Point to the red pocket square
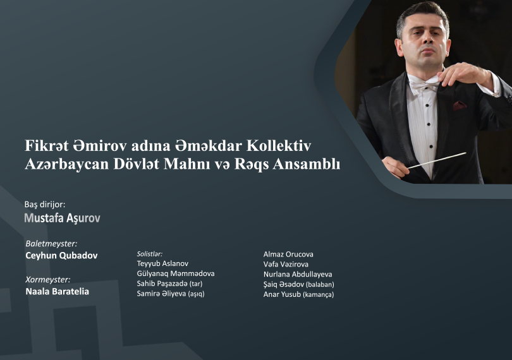[x=460, y=105]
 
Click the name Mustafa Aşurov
[x=62, y=218]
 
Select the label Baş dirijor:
[x=44, y=204]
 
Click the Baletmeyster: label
[x=51, y=243]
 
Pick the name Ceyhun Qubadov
[x=61, y=256]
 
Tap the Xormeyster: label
[x=47, y=279]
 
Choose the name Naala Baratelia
[x=57, y=292]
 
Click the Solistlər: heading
[x=150, y=253]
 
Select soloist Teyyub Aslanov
[x=162, y=263]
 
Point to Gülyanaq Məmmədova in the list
[x=176, y=273]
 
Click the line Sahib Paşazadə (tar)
[x=169, y=284]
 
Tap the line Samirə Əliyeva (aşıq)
[x=171, y=294]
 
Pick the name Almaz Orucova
[x=288, y=254]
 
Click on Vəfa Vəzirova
[x=286, y=264]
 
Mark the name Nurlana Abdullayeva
[x=298, y=274]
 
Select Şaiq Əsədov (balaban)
[x=298, y=284]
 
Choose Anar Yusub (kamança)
[x=298, y=294]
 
